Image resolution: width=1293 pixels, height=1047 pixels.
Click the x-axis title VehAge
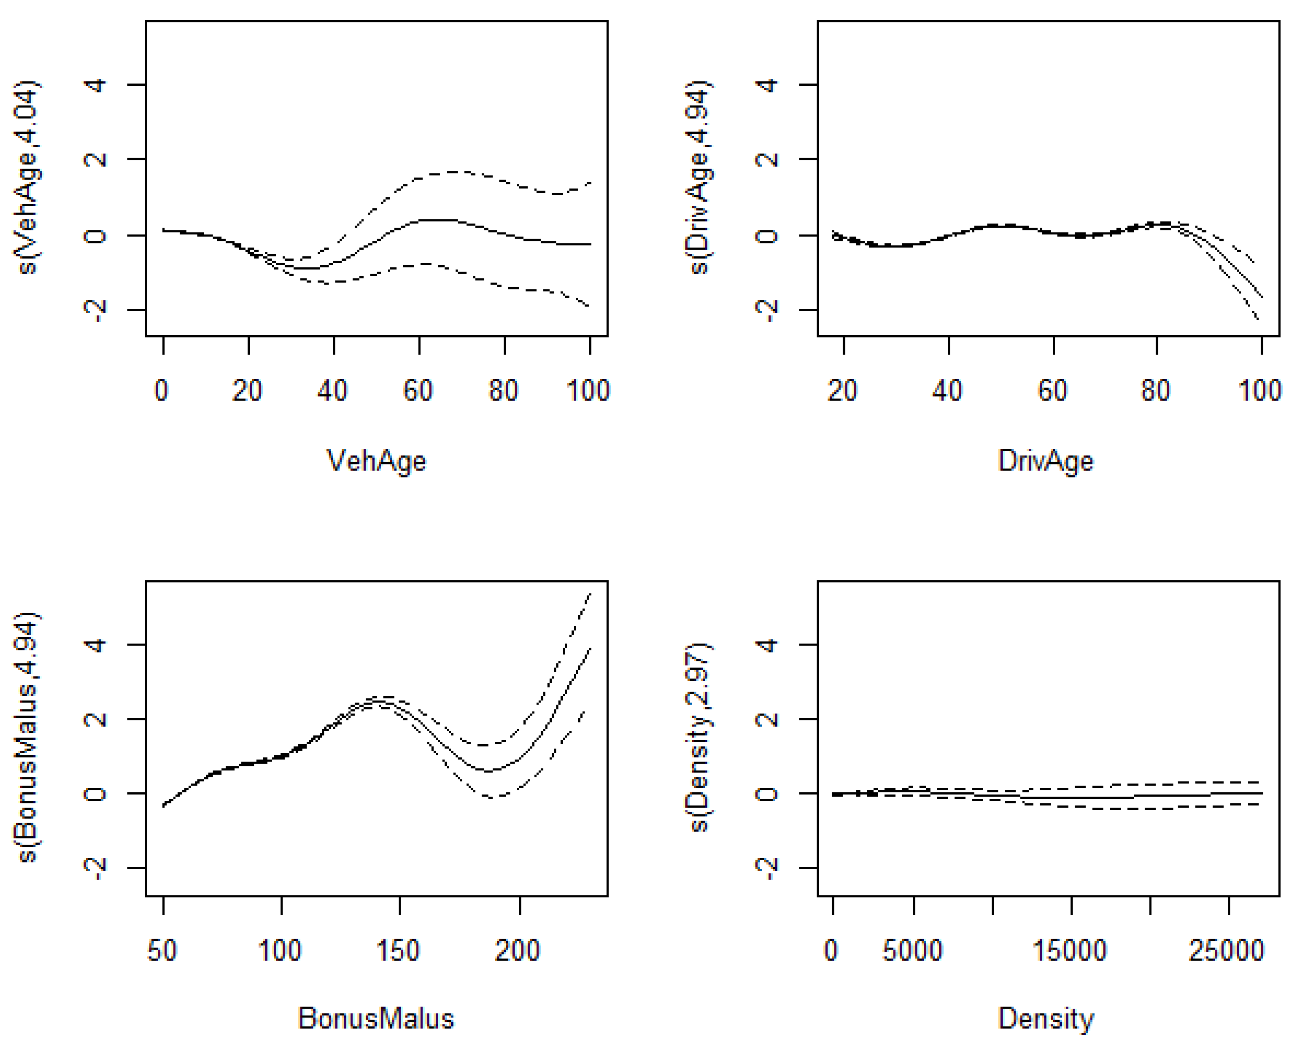tap(376, 461)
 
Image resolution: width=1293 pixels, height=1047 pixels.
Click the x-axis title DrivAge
tap(1045, 461)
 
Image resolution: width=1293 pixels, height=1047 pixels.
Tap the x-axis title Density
tap(1045, 1019)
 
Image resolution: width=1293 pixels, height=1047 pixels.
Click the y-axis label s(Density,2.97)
tap(699, 737)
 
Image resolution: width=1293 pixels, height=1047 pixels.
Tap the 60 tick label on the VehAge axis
tap(418, 390)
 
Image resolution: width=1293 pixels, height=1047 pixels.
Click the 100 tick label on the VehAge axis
tap(588, 390)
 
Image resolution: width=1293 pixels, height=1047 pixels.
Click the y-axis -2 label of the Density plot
tap(767, 867)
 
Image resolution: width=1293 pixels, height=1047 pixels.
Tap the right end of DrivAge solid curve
tap(1261, 297)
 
